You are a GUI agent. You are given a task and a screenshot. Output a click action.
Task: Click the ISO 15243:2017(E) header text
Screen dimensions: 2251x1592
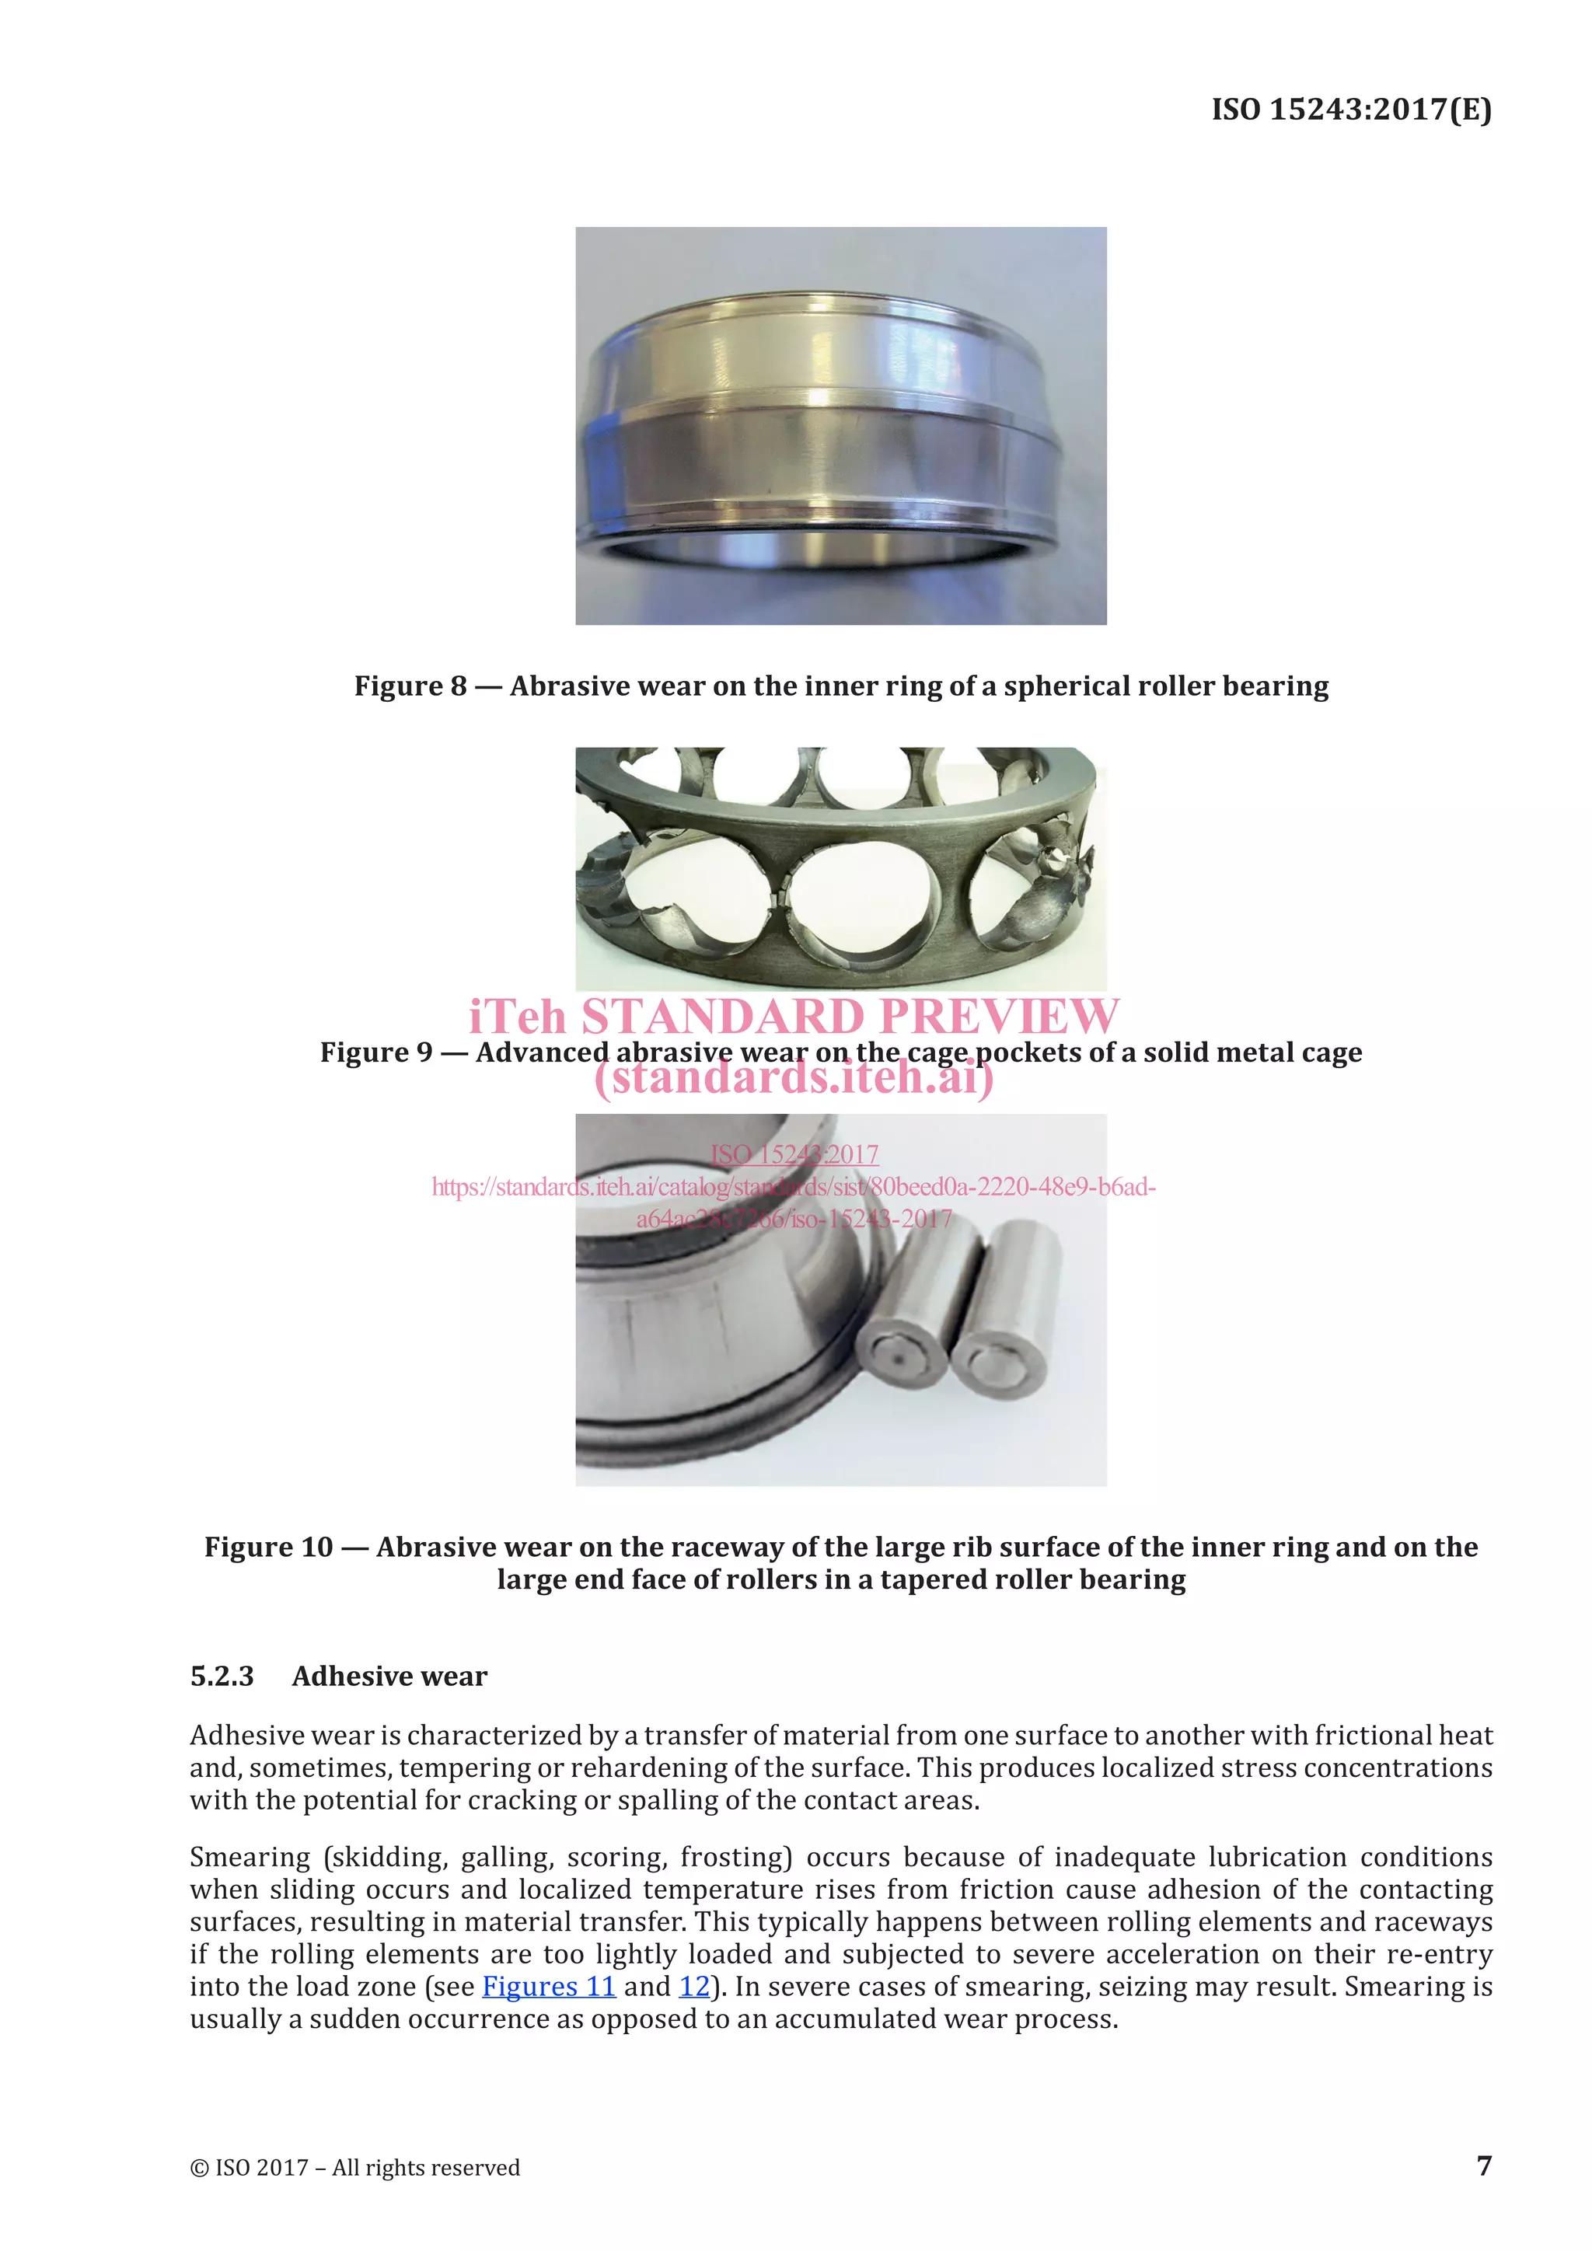point(1351,109)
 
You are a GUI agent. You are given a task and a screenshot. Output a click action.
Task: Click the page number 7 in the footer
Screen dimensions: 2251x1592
point(1484,2165)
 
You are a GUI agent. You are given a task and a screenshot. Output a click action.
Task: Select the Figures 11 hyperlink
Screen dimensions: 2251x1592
point(548,1986)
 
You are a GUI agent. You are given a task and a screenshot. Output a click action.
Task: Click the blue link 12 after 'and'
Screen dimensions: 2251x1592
point(694,1986)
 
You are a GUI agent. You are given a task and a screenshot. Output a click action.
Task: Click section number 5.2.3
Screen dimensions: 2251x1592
point(222,1676)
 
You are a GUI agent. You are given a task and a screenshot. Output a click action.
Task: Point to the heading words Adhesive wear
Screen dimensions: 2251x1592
point(389,1676)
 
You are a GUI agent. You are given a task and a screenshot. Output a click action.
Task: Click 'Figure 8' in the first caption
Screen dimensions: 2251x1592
point(410,686)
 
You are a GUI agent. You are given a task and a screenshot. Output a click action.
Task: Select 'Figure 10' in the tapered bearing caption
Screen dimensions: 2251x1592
point(267,1546)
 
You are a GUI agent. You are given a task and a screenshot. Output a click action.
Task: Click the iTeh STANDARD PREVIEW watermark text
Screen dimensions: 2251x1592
point(794,1016)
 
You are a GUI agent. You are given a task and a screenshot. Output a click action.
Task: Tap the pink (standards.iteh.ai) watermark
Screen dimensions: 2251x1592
point(794,1077)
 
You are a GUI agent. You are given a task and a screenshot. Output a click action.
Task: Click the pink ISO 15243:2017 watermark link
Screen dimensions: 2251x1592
point(794,1154)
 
